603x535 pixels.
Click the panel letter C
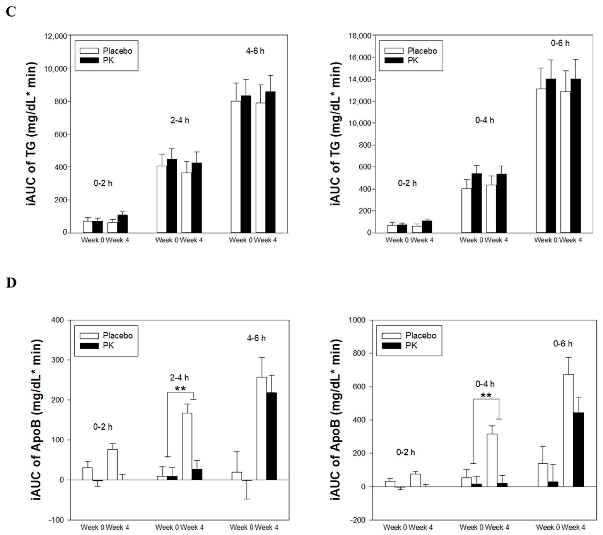click(x=11, y=12)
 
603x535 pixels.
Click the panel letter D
click(x=11, y=283)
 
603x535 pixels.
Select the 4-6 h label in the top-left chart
click(x=255, y=51)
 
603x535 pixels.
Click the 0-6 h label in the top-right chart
click(x=560, y=43)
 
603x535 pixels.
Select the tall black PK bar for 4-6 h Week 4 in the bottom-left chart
click(x=271, y=436)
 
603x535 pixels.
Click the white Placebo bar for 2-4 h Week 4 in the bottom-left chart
click(x=187, y=446)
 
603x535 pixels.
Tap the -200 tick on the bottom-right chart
click(x=357, y=520)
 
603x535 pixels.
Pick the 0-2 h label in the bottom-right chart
click(x=405, y=452)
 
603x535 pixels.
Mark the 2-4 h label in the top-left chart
click(x=180, y=120)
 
